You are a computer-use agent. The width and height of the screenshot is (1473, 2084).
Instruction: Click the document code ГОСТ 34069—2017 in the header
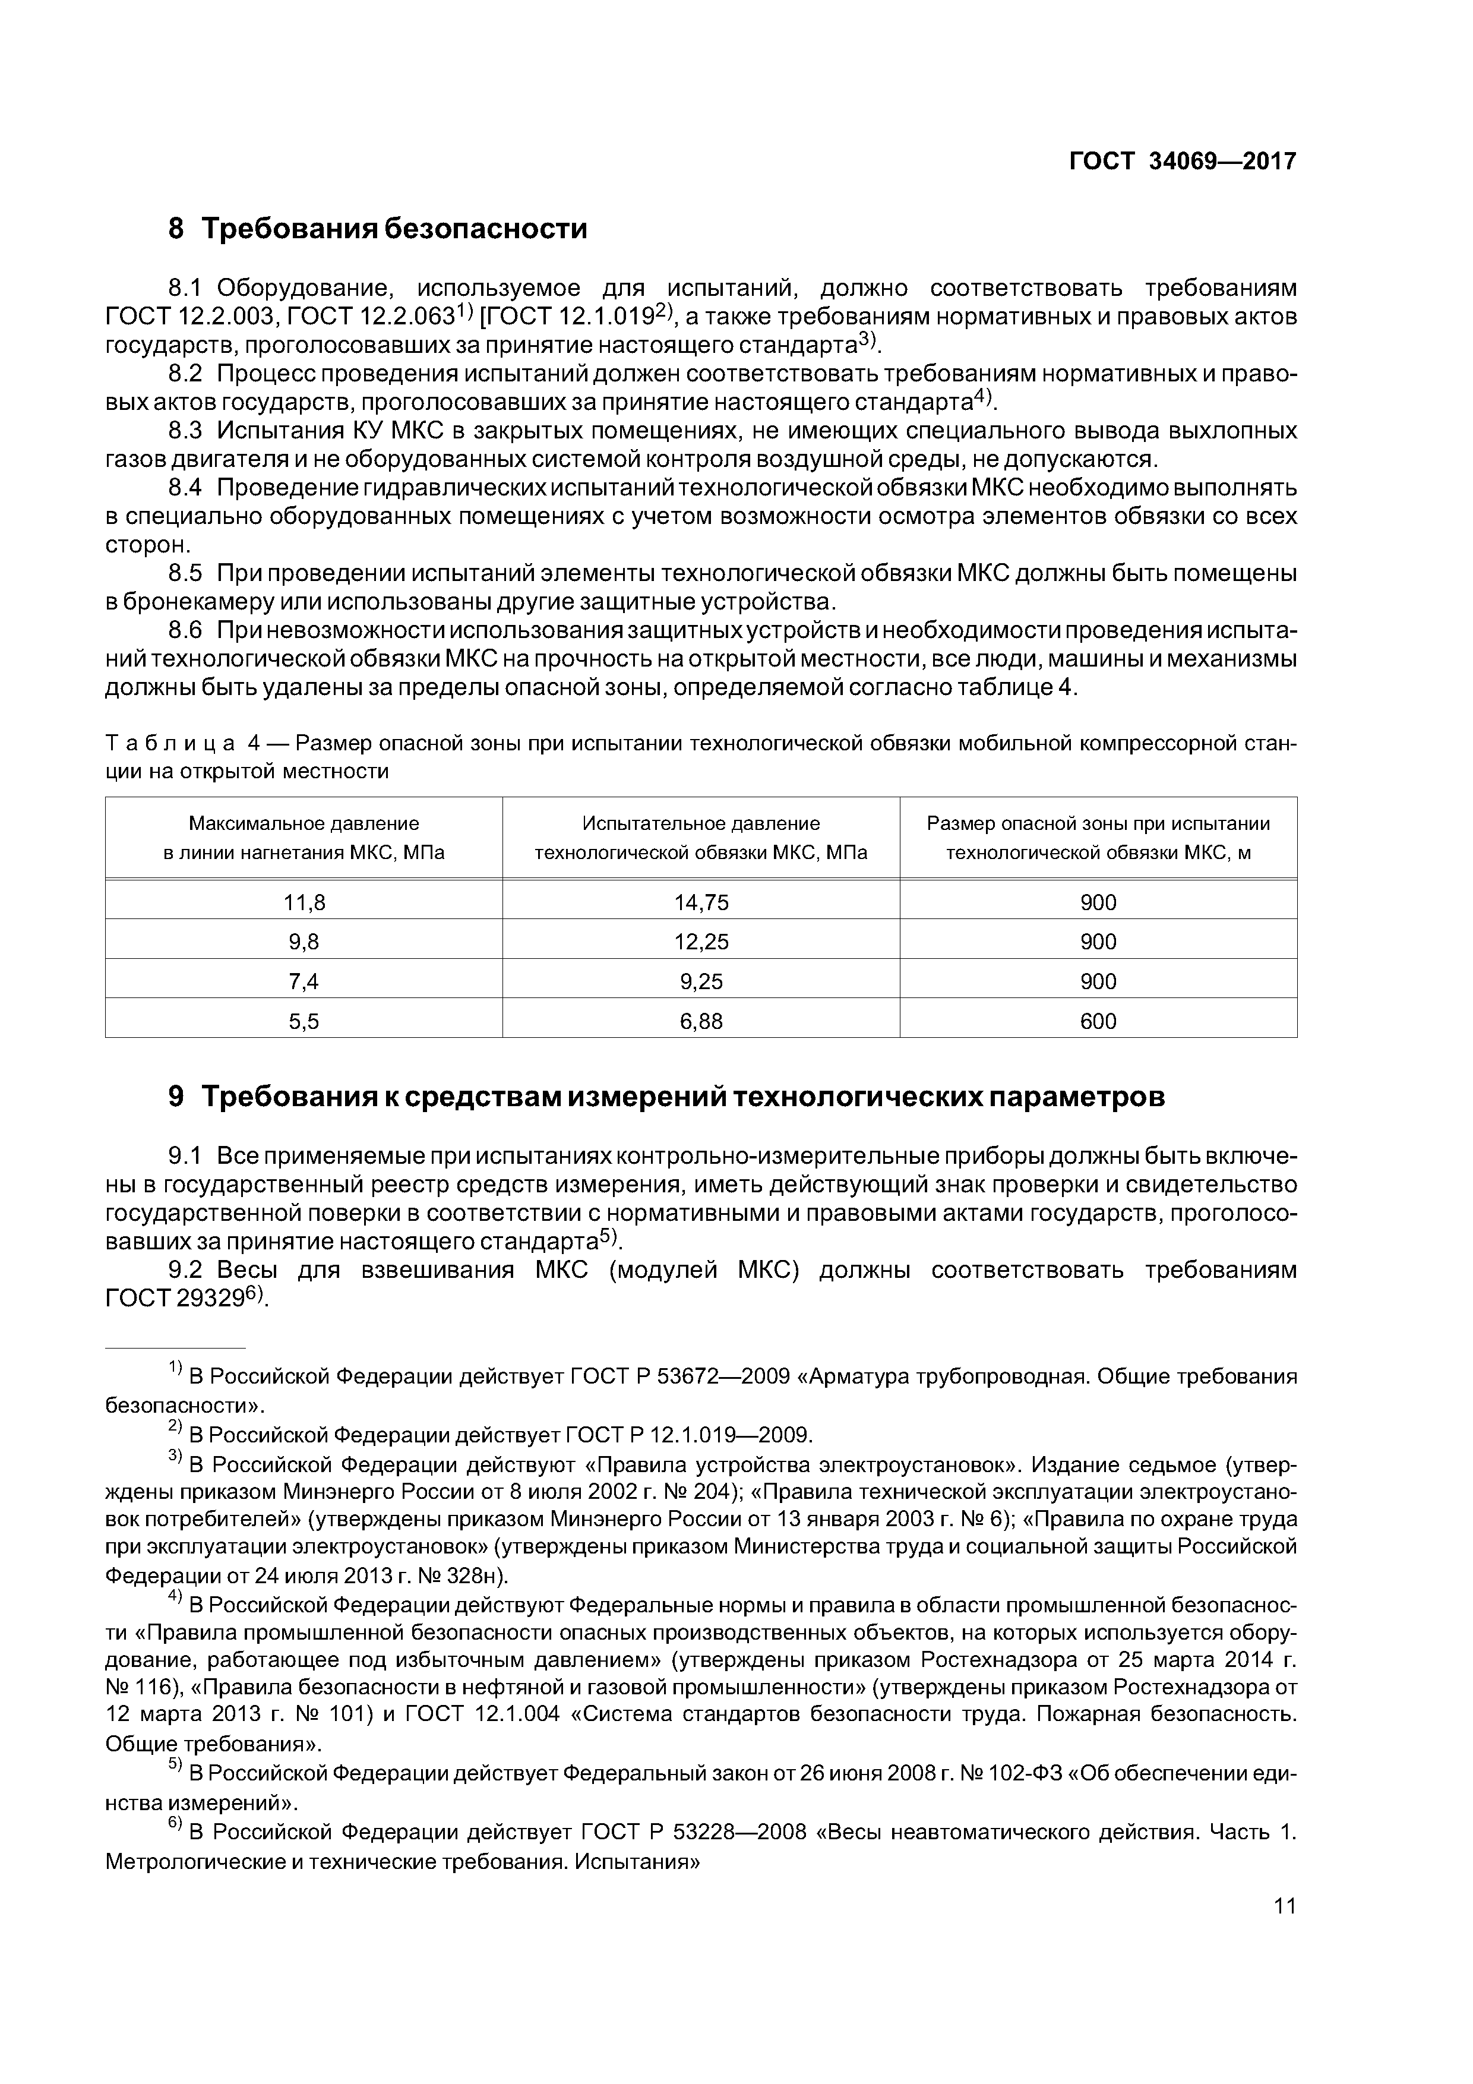pos(1182,162)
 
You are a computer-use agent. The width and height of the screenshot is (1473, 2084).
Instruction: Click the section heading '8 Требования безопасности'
pos(378,229)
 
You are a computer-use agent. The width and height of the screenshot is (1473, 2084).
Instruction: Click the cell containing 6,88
pos(701,1021)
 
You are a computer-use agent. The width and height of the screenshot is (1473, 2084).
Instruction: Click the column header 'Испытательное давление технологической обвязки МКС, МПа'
pos(701,838)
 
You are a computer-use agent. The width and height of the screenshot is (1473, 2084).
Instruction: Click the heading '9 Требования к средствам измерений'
pos(666,1097)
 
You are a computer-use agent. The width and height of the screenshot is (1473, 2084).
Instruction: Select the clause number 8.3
pos(186,430)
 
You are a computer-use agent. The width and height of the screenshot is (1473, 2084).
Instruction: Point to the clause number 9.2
pos(186,1270)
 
